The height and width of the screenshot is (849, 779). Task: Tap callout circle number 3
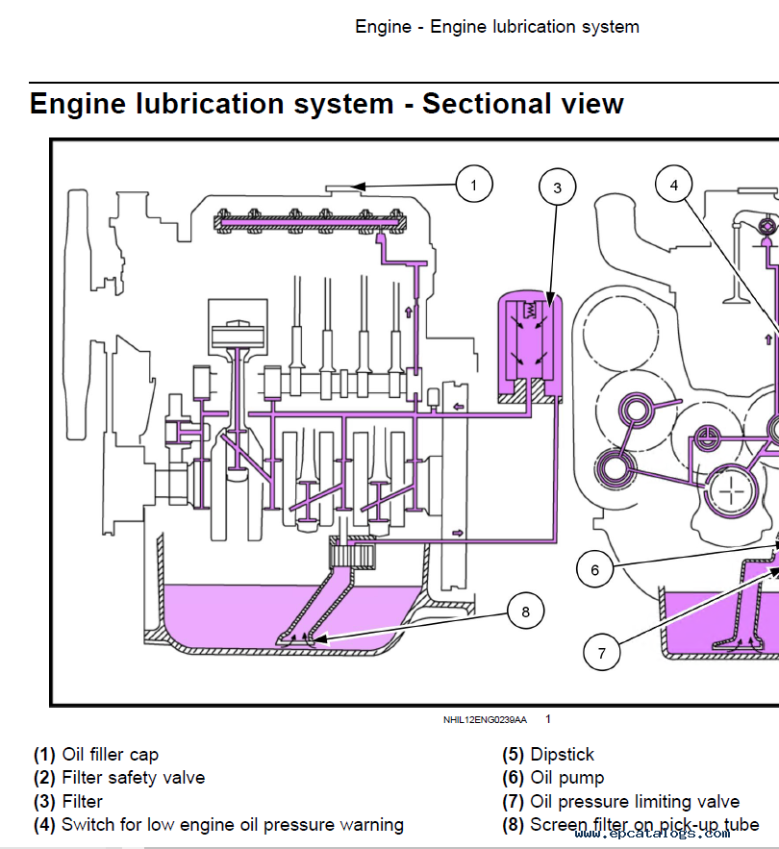(x=557, y=187)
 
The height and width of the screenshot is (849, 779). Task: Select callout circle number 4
(x=674, y=185)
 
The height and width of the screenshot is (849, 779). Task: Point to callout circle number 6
(x=594, y=569)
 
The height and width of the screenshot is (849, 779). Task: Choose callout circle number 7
(x=601, y=653)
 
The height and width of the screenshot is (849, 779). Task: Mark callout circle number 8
(x=525, y=612)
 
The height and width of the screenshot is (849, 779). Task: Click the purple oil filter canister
(x=530, y=346)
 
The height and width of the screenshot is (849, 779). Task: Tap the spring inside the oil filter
(x=529, y=311)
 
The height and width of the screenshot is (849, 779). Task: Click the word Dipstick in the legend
(x=563, y=754)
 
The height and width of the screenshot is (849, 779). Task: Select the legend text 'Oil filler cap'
(x=110, y=754)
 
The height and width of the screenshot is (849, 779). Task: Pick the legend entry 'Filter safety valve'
(x=134, y=778)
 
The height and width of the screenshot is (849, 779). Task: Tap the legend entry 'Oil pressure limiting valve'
(x=635, y=801)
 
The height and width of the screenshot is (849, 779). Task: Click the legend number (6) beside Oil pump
(x=513, y=778)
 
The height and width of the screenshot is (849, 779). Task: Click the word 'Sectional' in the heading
(x=487, y=104)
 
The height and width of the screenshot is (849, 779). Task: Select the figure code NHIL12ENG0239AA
(x=485, y=719)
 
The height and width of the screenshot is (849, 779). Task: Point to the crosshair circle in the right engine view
(x=731, y=492)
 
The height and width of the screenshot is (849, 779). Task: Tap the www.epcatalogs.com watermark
(x=652, y=833)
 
